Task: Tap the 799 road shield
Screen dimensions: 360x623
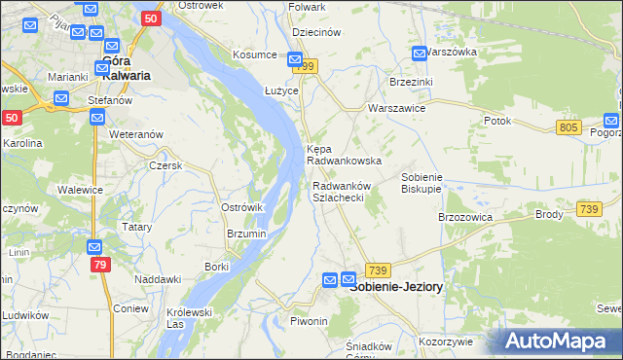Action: [308, 65]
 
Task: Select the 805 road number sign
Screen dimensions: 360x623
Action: [570, 128]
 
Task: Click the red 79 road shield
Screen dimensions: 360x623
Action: [98, 265]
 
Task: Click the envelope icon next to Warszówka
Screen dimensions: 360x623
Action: [420, 53]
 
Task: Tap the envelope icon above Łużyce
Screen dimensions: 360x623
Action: [280, 60]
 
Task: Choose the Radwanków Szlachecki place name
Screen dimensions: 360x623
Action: [339, 192]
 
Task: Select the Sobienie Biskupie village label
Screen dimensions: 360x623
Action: [422, 182]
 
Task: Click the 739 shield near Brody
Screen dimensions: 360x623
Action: [588, 209]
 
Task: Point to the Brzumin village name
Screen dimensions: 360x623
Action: [246, 234]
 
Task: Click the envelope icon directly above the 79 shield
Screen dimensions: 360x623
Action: [93, 247]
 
